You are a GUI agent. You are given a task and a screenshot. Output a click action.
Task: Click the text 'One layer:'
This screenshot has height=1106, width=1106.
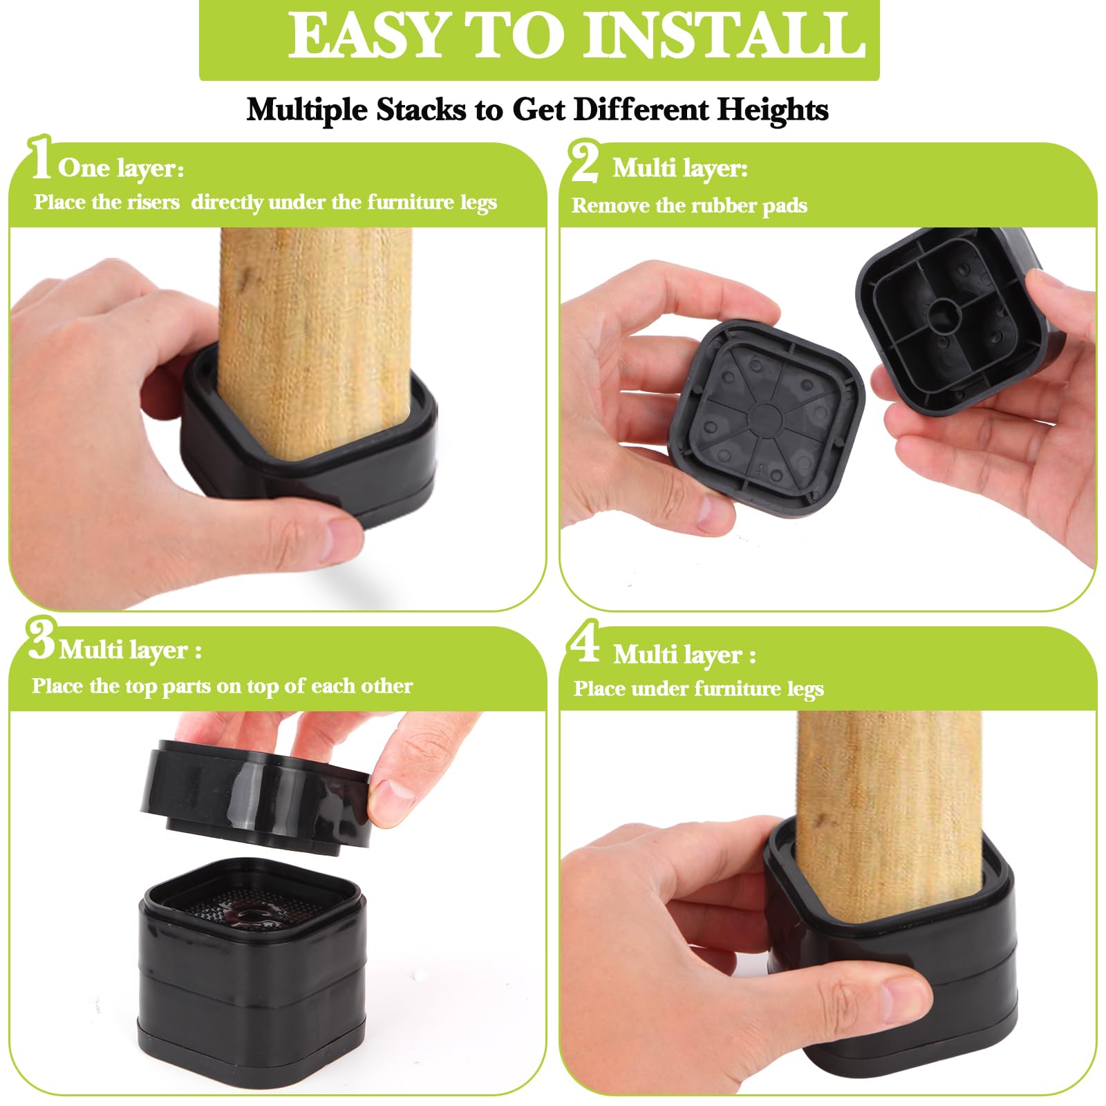pyautogui.click(x=121, y=168)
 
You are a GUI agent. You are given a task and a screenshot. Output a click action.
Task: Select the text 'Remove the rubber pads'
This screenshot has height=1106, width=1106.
pyautogui.click(x=689, y=205)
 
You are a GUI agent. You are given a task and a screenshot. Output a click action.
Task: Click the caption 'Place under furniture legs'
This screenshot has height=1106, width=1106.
pyautogui.click(x=698, y=688)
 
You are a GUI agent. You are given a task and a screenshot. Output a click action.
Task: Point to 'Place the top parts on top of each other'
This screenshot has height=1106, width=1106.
pyautogui.click(x=222, y=686)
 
